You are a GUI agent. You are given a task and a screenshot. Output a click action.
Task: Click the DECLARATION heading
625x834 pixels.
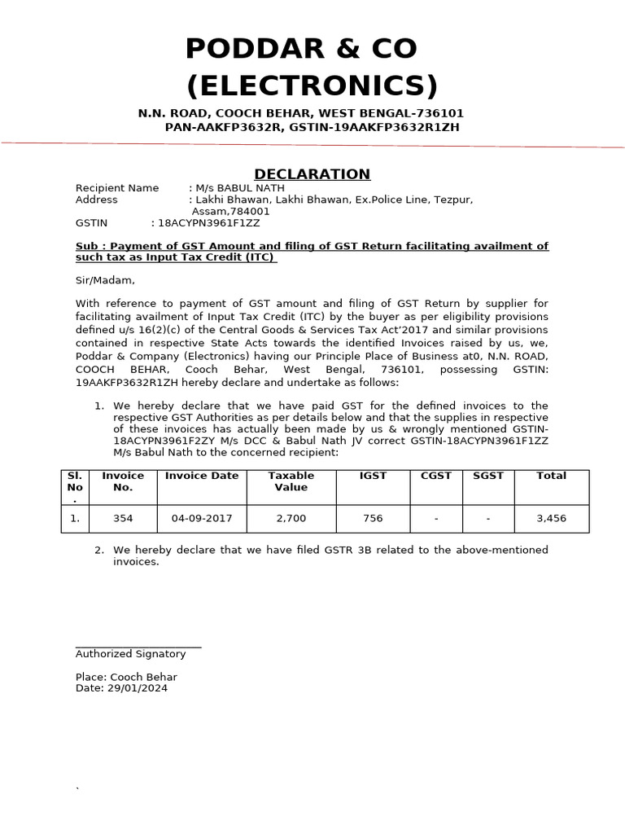point(312,173)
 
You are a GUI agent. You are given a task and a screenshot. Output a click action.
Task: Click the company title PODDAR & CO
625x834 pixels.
point(301,50)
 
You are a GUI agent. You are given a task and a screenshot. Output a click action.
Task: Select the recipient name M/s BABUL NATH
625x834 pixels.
point(238,188)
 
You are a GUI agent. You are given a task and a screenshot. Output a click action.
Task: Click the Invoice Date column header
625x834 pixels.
point(202,476)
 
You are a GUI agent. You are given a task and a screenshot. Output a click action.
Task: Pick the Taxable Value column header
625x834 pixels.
point(291,481)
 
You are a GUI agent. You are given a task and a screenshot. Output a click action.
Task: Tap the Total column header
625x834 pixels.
point(551,476)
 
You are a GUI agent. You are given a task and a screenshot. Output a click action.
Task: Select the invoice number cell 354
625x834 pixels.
point(123,518)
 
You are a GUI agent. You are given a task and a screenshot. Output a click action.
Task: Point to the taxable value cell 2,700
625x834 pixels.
point(291,518)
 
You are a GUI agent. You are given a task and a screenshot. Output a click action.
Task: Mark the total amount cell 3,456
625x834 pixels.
point(551,518)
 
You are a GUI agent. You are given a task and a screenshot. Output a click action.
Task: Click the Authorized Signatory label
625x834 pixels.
point(130,654)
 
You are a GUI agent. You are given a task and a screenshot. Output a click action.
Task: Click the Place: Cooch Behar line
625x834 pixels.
point(126,677)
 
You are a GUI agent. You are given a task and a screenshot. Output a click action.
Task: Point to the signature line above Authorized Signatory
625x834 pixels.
point(138,647)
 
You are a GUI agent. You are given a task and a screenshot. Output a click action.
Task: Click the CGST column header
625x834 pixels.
point(436,476)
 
